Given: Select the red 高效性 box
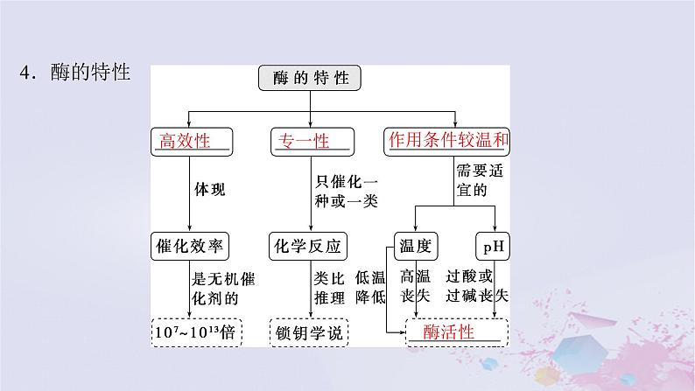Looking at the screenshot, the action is tap(191, 141).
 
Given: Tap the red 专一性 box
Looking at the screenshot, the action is tap(312, 141).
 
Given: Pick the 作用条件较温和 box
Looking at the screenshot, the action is tap(446, 141).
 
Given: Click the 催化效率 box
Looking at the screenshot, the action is tap(191, 245).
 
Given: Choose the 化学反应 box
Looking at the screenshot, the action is tap(311, 245).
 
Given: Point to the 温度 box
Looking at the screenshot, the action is tap(415, 245).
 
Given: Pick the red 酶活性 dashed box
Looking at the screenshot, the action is tap(458, 332).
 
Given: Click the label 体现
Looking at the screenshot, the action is tap(210, 188).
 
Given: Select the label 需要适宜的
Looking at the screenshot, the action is tap(478, 181).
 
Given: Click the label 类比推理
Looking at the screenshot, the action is tap(327, 286).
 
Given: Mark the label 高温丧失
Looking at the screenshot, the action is tap(415, 286).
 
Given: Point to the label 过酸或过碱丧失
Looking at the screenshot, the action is tap(476, 286).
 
